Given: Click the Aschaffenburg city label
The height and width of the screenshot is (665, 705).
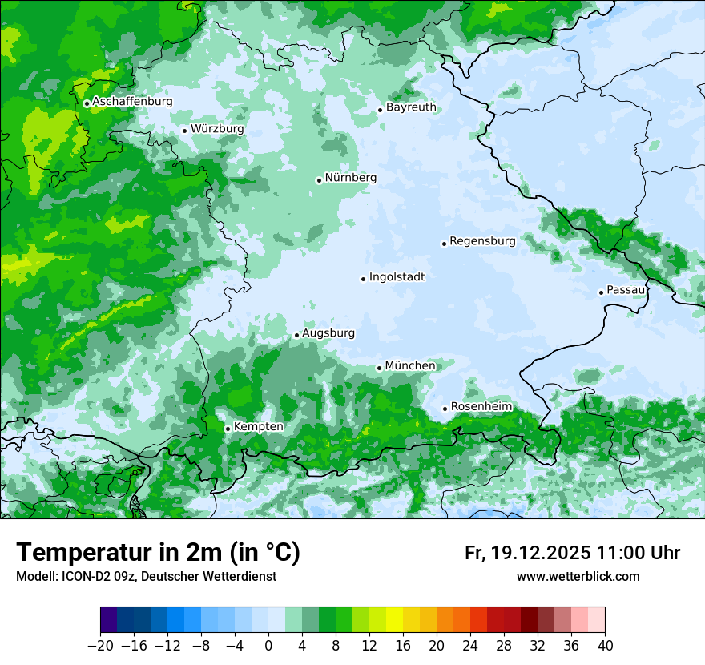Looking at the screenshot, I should coord(132,102).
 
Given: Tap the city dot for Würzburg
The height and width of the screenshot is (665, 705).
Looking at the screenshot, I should coord(184,131).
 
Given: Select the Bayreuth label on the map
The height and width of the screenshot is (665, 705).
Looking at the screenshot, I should coord(411,107).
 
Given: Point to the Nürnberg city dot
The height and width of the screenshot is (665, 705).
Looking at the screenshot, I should coord(319,180).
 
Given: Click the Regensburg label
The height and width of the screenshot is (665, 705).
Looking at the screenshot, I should coord(482,241).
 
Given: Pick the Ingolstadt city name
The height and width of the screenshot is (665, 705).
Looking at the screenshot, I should coord(397,277).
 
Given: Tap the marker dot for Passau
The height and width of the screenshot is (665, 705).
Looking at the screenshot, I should coord(601,292).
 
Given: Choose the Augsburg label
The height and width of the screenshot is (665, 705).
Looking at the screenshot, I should coord(328,333).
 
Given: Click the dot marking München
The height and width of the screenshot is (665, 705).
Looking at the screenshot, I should coord(379,369).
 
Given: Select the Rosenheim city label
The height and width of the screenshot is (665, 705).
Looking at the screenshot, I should coord(481,407).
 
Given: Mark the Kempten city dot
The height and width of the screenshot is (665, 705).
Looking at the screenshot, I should coord(228,429).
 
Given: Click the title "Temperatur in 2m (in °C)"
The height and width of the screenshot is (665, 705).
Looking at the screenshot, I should coord(158,553).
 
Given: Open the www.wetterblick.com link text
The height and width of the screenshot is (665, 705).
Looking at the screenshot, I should coord(578,576).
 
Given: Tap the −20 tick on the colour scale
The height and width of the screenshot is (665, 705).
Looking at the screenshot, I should coord(100,646).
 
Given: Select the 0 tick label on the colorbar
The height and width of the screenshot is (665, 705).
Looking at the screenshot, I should coord(268,646).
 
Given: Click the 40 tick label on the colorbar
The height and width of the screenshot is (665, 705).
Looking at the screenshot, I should coord(605,646).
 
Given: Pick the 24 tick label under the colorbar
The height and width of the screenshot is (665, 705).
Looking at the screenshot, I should coord(470,646).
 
